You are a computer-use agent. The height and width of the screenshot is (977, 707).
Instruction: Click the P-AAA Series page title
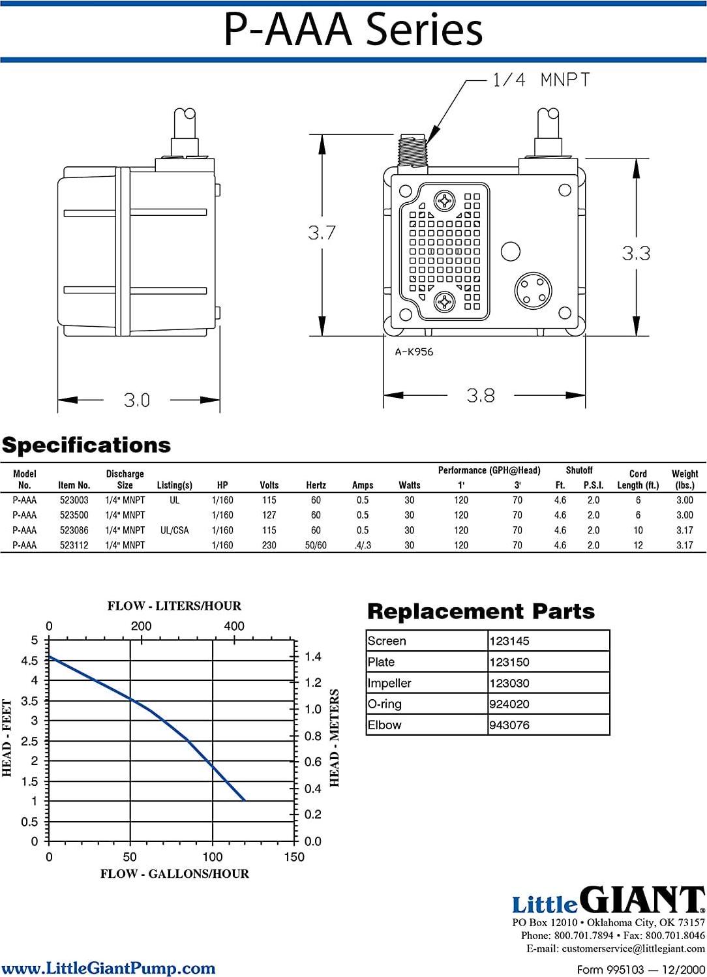tap(353, 30)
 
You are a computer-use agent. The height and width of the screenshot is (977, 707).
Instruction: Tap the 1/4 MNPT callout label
tap(541, 80)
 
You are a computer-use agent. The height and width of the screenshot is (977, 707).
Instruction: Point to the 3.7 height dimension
tap(322, 233)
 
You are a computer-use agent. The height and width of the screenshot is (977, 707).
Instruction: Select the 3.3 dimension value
tap(635, 253)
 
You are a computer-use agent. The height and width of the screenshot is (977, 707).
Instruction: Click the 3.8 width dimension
tap(481, 395)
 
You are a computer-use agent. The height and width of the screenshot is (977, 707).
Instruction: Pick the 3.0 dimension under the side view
tap(137, 400)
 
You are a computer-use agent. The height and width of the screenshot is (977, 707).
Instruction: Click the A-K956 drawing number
tap(414, 352)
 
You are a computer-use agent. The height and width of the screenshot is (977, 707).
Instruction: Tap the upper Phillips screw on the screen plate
tap(445, 201)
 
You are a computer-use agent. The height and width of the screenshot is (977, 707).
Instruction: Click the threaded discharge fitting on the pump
tap(412, 153)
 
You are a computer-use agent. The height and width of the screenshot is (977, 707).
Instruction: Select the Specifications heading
tap(86, 445)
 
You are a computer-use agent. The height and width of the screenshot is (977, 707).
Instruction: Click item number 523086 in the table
tap(74, 530)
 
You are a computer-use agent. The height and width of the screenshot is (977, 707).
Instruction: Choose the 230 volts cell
tap(269, 545)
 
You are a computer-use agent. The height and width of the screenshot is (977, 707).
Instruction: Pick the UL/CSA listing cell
tap(174, 530)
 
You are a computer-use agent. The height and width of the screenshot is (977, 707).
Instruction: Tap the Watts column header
tap(409, 485)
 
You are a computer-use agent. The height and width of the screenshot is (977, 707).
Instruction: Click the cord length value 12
tap(638, 545)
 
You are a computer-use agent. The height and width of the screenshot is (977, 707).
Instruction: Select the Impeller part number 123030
tap(509, 684)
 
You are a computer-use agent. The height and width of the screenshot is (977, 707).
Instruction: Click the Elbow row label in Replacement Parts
tap(384, 725)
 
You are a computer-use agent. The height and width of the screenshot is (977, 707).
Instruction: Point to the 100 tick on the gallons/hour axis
tap(213, 856)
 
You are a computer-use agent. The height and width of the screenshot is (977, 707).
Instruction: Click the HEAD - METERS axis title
tap(335, 738)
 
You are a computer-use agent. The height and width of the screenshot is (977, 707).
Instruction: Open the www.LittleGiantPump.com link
tap(108, 968)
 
